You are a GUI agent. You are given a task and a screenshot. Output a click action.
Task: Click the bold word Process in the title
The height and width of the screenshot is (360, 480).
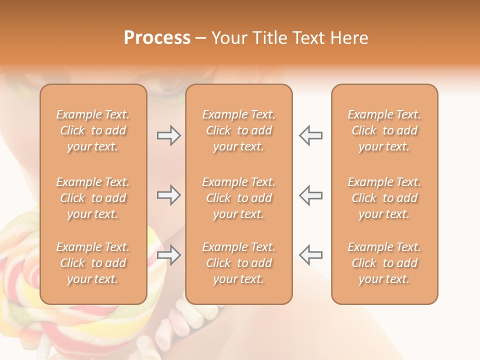157,38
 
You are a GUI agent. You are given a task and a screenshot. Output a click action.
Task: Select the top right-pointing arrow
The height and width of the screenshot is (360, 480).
168,135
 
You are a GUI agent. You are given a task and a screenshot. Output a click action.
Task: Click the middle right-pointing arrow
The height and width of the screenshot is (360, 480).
168,195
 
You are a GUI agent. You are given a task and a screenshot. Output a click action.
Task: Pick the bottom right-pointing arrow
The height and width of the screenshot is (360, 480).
168,255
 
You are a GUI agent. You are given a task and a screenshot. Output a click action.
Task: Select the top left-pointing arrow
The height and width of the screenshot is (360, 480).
311,135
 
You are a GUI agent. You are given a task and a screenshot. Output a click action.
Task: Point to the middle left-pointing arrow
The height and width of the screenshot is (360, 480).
311,195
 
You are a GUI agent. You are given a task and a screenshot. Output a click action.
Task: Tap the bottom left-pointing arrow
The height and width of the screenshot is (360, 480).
311,255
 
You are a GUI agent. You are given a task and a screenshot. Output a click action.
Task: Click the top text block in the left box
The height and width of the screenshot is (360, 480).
93,130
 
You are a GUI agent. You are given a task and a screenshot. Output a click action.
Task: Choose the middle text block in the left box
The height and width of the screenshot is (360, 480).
93,198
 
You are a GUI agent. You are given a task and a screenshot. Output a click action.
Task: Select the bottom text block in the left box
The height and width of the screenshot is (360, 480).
93,263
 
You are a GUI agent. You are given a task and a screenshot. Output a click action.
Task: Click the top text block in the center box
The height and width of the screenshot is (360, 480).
238,130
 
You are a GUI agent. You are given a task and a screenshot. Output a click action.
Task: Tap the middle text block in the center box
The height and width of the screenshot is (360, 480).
238,198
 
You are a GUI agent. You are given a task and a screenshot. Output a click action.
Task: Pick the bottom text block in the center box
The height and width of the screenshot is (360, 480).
238,263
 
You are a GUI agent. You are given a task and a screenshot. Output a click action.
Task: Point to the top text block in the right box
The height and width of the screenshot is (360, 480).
384,130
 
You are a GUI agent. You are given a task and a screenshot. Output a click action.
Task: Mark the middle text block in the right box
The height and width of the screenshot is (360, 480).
384,198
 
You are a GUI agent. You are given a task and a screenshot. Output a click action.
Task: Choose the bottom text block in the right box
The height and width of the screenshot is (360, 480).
384,263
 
